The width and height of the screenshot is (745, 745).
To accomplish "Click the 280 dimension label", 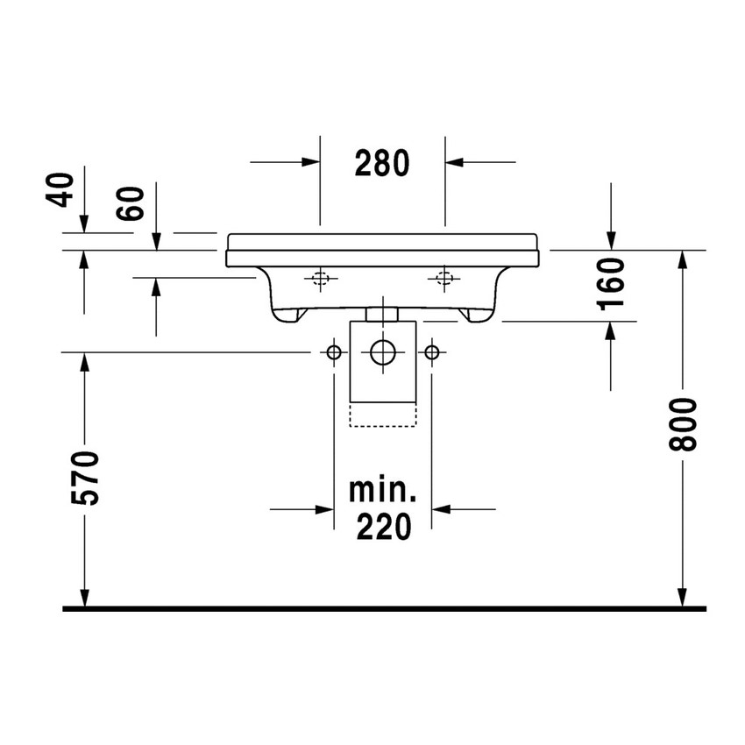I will coord(383,163).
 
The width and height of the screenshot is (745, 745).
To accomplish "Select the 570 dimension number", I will coord(85,478).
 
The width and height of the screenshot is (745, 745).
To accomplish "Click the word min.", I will coord(383,490).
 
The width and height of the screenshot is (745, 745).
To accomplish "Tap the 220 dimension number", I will coord(383,526).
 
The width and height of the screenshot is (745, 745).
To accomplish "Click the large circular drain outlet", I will coord(383,352).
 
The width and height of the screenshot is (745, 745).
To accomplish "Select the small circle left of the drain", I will coord(334,352).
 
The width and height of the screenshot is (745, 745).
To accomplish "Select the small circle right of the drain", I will coord(431,352).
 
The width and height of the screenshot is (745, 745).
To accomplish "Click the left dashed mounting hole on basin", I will coord(321,279).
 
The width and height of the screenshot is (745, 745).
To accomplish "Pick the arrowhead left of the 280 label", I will coord(310,162).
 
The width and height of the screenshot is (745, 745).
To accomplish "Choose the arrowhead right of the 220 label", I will coord(441,507).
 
